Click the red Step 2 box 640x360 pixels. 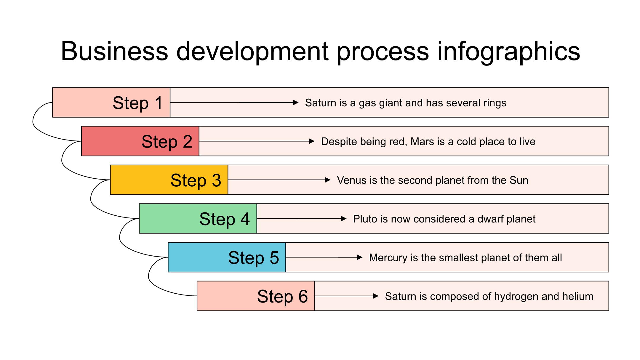coord(140,141)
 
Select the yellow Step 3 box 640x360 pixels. coord(169,180)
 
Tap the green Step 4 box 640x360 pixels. coord(198,219)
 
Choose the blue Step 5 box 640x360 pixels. coord(227,257)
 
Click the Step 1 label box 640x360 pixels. coord(111,103)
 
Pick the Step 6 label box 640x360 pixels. coord(256,296)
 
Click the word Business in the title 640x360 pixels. coord(114,51)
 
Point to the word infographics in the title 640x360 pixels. coord(508,52)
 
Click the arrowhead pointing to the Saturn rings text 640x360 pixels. coord(296,103)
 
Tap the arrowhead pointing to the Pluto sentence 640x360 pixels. coord(344,219)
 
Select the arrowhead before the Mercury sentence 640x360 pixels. coord(360,257)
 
